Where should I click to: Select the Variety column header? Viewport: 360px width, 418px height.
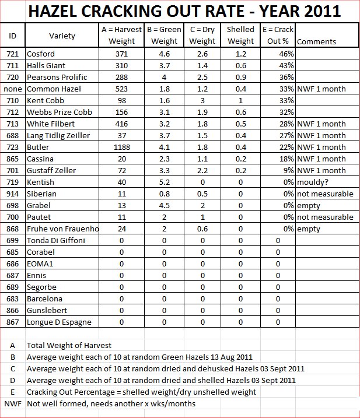pyautogui.click(x=62, y=36)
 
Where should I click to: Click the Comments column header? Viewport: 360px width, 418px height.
pyautogui.click(x=316, y=41)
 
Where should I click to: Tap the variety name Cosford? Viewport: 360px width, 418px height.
pyautogui.click(x=41, y=54)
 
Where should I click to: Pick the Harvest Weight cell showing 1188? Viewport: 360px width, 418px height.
pyautogui.click(x=122, y=147)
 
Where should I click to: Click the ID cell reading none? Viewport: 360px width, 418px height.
pyautogui.click(x=12, y=89)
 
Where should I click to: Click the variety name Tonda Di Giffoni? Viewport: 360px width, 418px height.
pyautogui.click(x=55, y=240)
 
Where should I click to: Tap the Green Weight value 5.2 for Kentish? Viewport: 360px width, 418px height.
pyautogui.click(x=164, y=182)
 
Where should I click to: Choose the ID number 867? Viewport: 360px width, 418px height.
pyautogui.click(x=12, y=322)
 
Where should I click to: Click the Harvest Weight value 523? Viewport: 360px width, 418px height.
pyautogui.click(x=122, y=89)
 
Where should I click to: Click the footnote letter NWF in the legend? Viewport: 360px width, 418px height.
pyautogui.click(x=12, y=403)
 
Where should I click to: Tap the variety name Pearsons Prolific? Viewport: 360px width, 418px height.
pyautogui.click(x=57, y=77)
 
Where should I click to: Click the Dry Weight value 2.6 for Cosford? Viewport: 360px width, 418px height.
pyautogui.click(x=202, y=54)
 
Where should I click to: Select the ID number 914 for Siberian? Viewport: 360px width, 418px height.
pyautogui.click(x=12, y=194)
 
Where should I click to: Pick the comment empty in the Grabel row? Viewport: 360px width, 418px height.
pyautogui.click(x=308, y=205)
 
